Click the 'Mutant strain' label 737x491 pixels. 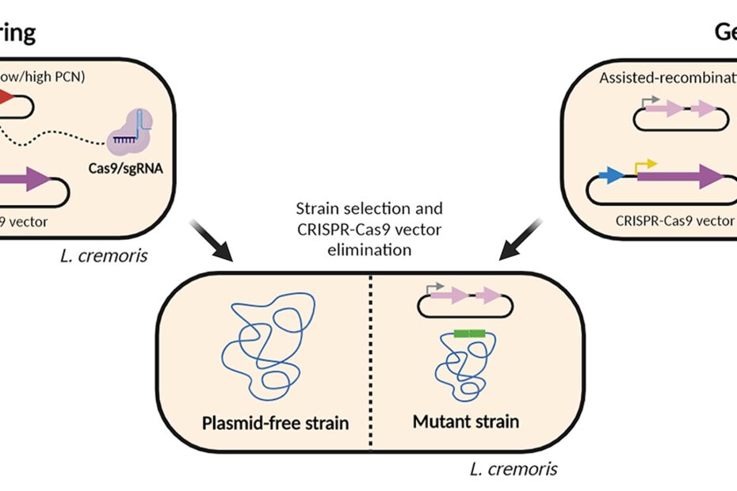click(466, 420)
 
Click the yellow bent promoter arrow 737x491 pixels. click(645, 165)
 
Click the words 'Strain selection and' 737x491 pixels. click(368, 209)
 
